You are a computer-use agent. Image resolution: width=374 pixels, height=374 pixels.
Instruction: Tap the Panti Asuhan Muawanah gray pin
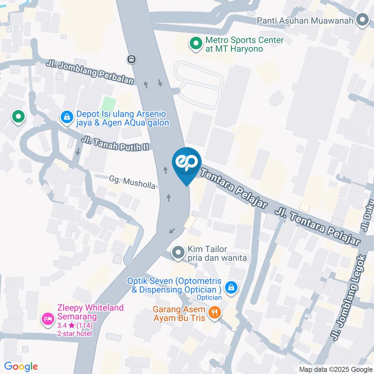tap(363, 20)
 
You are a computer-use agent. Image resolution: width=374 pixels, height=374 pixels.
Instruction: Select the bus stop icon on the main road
tap(132, 59)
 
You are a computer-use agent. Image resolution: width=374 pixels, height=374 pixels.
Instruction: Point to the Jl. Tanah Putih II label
tap(115, 143)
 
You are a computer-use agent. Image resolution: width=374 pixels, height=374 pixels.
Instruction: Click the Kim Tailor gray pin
tap(178, 253)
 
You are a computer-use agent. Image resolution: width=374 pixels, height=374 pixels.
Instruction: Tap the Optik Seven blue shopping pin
tap(231, 287)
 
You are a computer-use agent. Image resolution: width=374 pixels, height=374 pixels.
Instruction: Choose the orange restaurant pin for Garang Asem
tap(214, 313)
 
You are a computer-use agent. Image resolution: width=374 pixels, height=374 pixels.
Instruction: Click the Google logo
tap(21, 367)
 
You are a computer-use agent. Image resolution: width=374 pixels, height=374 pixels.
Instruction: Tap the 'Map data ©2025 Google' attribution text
tap(336, 369)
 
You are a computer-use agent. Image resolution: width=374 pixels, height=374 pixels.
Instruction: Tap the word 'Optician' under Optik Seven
tap(209, 298)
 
